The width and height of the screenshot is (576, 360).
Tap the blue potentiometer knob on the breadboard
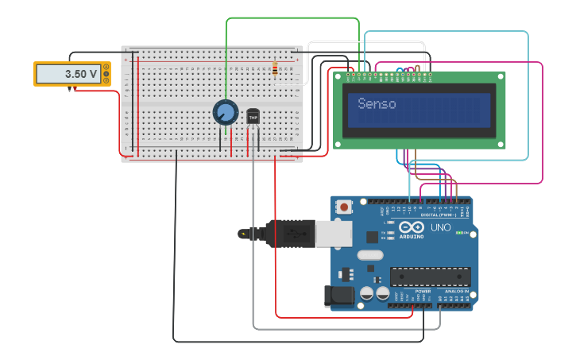pyautogui.click(x=225, y=112)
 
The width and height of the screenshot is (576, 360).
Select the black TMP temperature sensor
pyautogui.click(x=253, y=116)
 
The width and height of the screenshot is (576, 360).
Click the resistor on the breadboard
pyautogui.click(x=275, y=71)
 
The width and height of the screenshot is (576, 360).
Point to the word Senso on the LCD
pyautogui.click(x=377, y=104)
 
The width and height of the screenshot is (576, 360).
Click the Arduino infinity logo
pyautogui.click(x=412, y=227)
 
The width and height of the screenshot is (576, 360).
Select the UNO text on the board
pyautogui.click(x=440, y=227)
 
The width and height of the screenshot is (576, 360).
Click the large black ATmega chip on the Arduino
pyautogui.click(x=430, y=277)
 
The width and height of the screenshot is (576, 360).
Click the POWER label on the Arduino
pyautogui.click(x=423, y=292)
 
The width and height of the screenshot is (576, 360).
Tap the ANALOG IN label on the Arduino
pyautogui.click(x=456, y=292)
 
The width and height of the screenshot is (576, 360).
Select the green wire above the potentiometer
pyautogui.click(x=227, y=56)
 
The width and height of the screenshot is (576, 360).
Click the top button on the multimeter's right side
pyautogui.click(x=106, y=67)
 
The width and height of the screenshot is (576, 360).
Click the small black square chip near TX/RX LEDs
pyautogui.click(x=372, y=237)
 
